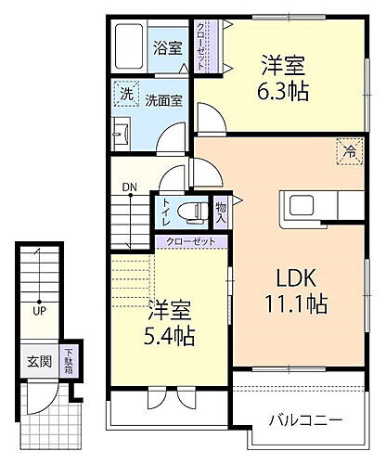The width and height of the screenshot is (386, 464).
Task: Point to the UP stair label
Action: (39, 310)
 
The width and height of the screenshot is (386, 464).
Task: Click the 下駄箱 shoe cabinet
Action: (70, 359)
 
